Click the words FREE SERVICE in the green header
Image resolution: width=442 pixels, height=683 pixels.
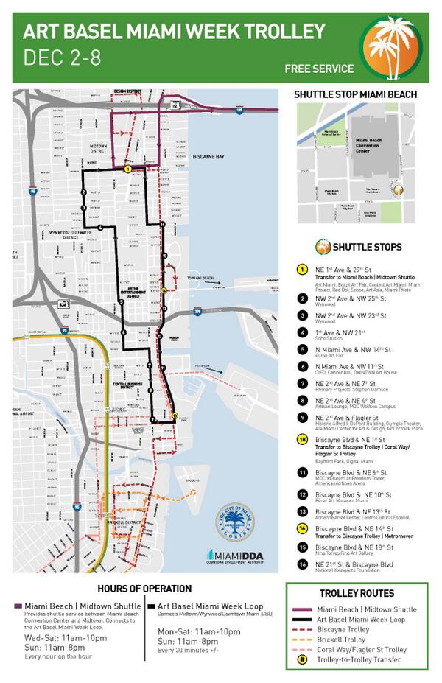point(319,69)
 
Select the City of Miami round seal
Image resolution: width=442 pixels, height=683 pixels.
point(235,522)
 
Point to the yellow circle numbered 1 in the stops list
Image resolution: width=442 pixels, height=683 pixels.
point(302,269)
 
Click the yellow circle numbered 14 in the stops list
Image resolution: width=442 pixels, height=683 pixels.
point(302,528)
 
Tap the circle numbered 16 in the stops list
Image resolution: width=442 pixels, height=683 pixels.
point(302,564)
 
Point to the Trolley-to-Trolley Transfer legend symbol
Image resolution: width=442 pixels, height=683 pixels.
point(302,660)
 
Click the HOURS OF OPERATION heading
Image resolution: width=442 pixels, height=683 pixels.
point(144,589)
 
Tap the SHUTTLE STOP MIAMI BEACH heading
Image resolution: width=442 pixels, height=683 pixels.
point(355,94)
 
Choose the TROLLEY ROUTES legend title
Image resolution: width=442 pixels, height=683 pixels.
point(357,594)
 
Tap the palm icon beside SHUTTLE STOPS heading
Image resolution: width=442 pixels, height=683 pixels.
point(322,247)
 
